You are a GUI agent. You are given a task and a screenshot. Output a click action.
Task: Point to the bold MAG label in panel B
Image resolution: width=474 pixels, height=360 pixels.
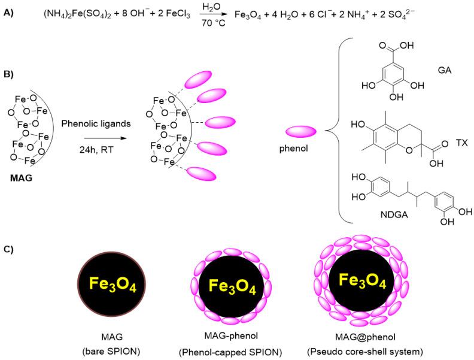pos(22,177)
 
